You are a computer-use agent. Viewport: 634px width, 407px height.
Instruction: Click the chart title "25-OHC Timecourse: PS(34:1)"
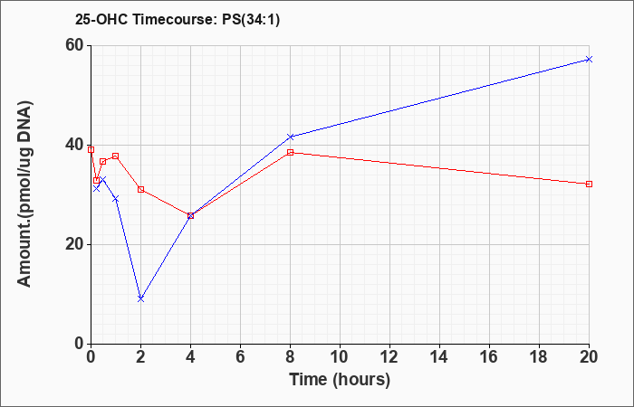click(x=178, y=19)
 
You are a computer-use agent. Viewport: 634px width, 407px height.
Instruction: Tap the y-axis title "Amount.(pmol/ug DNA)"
click(x=24, y=194)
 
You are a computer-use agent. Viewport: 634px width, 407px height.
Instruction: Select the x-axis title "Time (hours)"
click(x=340, y=380)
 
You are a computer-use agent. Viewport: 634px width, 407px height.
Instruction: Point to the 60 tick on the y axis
click(x=77, y=45)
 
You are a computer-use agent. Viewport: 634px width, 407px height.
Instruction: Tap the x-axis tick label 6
click(x=240, y=357)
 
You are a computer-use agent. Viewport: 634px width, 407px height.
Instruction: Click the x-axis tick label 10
click(x=340, y=357)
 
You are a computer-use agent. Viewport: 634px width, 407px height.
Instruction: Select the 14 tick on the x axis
click(x=439, y=357)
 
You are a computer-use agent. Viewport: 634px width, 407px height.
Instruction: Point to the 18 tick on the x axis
click(x=539, y=357)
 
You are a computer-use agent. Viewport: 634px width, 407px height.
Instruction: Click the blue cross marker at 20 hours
click(x=589, y=60)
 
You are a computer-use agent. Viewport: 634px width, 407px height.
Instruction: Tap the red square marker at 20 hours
click(x=589, y=185)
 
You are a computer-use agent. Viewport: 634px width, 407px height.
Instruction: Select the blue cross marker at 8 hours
click(x=291, y=137)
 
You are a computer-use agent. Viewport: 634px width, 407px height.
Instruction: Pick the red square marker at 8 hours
click(x=291, y=152)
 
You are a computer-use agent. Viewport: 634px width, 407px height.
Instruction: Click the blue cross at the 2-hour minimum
click(x=140, y=298)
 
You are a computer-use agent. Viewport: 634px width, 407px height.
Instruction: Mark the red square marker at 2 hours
click(x=140, y=189)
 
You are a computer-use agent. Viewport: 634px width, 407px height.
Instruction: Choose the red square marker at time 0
click(x=91, y=150)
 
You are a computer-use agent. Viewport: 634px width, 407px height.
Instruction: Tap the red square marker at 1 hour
click(x=116, y=156)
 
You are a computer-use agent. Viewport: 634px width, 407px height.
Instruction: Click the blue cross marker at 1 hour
click(x=116, y=199)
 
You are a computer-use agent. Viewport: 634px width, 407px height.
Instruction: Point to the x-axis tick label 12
click(x=389, y=357)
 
